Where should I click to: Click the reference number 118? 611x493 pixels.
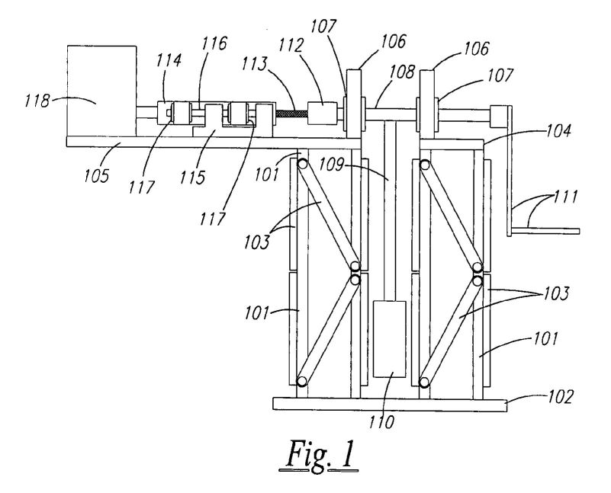(x=37, y=101)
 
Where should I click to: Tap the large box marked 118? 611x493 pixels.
(x=101, y=91)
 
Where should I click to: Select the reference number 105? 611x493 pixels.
(x=97, y=175)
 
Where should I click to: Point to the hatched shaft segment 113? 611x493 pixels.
(x=291, y=114)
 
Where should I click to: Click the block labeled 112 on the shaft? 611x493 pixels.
(x=323, y=114)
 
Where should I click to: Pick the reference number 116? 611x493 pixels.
(x=214, y=43)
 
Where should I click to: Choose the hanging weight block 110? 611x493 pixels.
(x=389, y=339)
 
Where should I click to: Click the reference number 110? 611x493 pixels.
(x=382, y=421)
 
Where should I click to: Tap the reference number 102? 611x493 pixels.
(x=561, y=397)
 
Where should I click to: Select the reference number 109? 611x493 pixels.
(x=332, y=165)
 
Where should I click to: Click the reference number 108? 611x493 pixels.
(x=403, y=72)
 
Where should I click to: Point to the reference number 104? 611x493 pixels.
(x=558, y=131)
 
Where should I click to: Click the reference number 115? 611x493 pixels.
(x=192, y=177)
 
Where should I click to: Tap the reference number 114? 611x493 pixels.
(x=169, y=60)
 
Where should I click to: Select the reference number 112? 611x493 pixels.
(x=291, y=46)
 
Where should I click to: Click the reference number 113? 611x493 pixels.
(x=256, y=63)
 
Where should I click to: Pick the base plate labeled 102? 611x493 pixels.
(x=390, y=404)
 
